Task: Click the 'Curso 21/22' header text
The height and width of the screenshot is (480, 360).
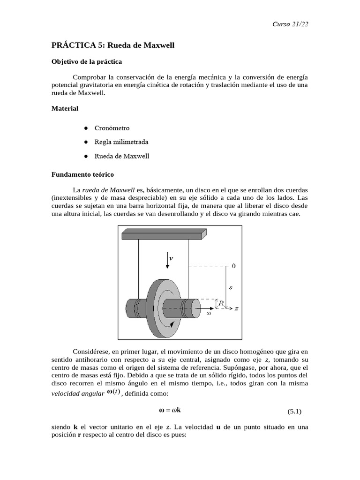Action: [x=290, y=24]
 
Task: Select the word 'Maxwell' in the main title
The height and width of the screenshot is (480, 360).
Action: [x=157, y=45]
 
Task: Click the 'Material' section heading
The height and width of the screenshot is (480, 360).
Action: [x=65, y=108]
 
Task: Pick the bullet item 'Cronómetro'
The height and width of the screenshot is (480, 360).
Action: [x=112, y=128]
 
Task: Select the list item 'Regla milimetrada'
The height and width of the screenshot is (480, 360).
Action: [x=121, y=142]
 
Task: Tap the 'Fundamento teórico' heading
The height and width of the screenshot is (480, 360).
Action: [x=82, y=174]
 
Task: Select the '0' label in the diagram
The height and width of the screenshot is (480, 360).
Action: [x=233, y=266]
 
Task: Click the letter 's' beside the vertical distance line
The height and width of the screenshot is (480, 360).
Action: [x=230, y=287]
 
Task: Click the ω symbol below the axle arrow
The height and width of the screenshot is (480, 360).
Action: [x=208, y=314]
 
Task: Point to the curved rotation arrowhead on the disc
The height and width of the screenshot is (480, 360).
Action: [x=174, y=323]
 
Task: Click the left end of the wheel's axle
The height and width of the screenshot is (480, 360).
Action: [x=129, y=309]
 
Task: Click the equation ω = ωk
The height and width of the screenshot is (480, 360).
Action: [x=170, y=410]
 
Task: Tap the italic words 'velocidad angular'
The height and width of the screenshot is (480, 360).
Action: [x=77, y=394]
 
